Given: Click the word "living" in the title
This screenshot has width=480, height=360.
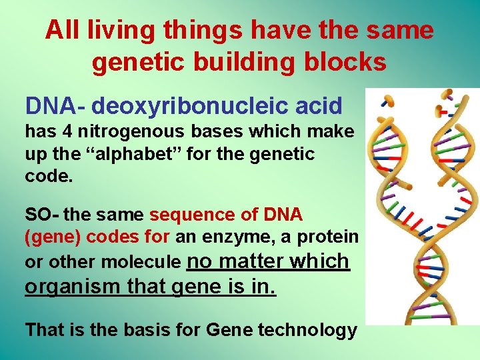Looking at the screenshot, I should pos(113,30).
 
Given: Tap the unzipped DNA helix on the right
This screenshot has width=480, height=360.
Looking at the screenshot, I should pos(451,200).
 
